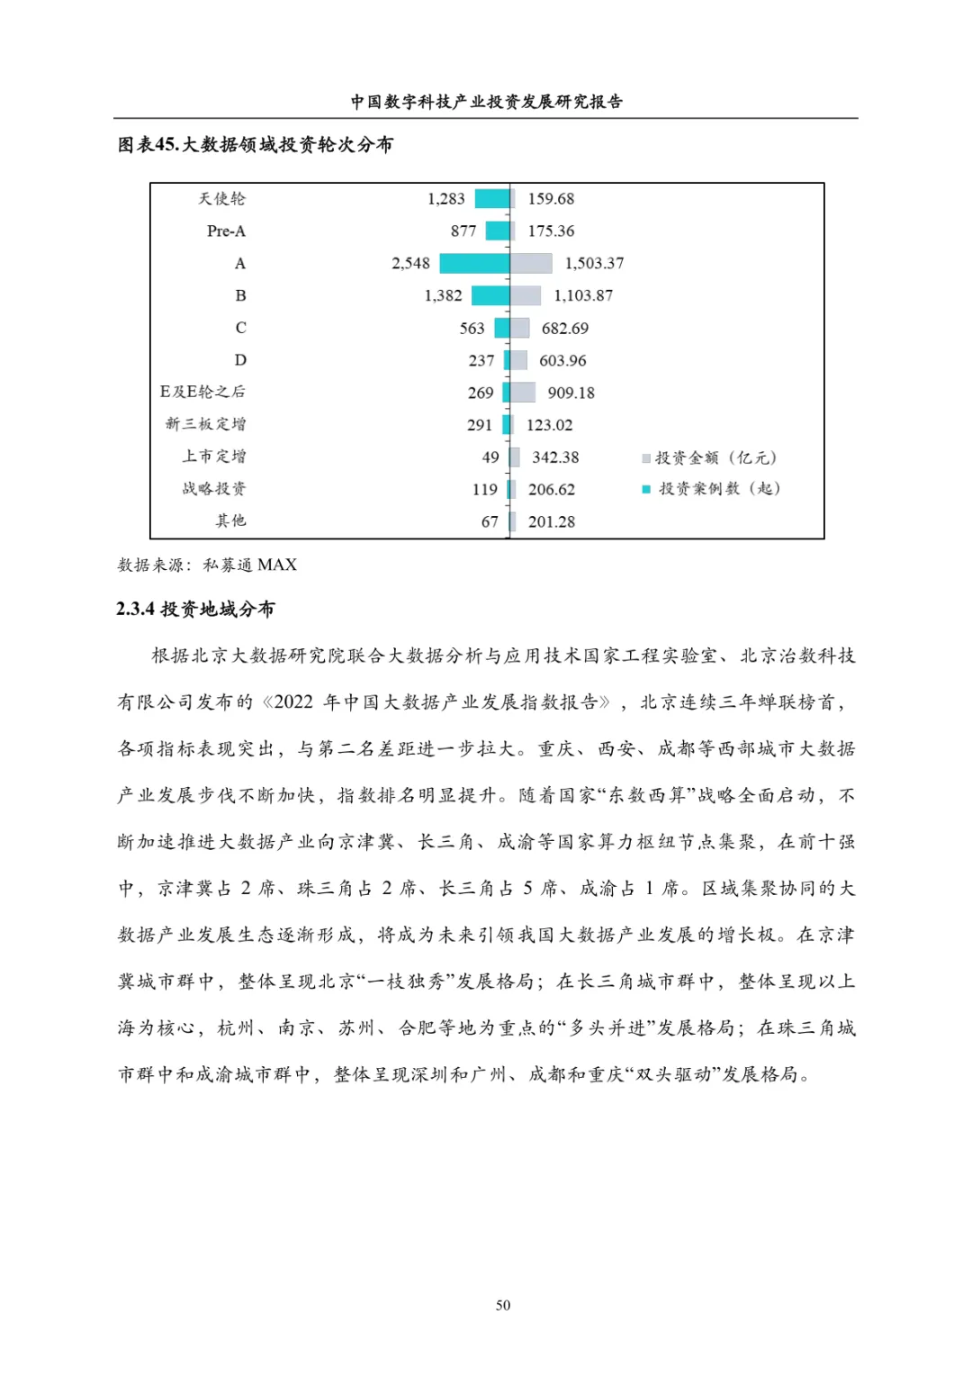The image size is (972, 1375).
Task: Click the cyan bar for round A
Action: (474, 263)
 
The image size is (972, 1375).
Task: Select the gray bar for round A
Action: (531, 263)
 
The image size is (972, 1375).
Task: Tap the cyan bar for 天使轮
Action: (492, 199)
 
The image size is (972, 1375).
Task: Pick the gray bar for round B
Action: (526, 295)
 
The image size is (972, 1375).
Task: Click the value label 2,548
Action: (410, 263)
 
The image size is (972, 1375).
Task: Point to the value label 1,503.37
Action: (594, 263)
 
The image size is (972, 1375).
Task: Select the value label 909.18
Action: (571, 393)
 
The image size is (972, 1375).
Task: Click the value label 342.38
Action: (555, 457)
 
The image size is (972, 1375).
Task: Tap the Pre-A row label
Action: (226, 231)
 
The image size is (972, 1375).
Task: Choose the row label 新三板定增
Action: (205, 424)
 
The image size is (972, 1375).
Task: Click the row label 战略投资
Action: (213, 489)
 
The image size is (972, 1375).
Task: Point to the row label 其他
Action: (230, 520)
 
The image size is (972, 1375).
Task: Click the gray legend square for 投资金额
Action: (646, 458)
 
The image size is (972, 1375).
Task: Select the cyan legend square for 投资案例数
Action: (646, 489)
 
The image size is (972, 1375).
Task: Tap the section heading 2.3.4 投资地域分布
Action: (195, 610)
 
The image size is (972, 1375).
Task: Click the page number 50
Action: (502, 1305)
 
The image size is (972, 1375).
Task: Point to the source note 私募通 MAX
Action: (249, 565)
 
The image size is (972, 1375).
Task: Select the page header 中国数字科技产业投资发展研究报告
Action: (486, 102)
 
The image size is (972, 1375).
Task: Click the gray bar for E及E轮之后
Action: (523, 393)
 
